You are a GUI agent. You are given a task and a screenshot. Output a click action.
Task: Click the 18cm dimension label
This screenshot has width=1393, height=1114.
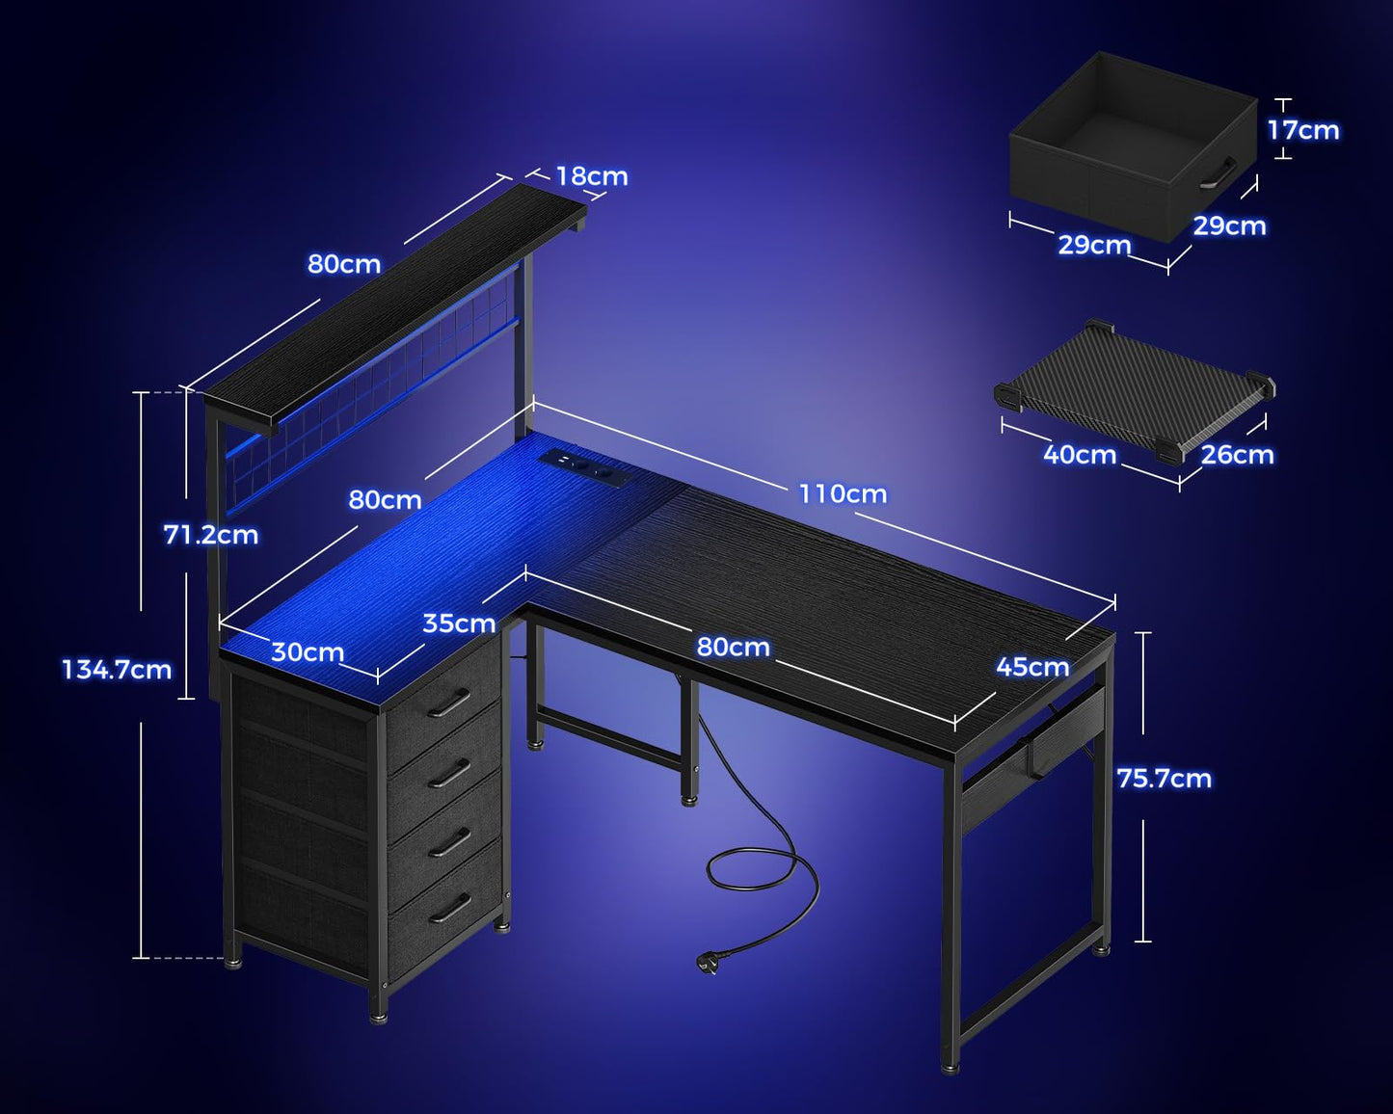tap(591, 176)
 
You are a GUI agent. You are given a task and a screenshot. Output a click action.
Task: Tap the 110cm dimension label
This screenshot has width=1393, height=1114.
tap(842, 494)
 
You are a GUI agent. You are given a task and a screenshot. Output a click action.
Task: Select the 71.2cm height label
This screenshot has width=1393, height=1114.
tap(211, 535)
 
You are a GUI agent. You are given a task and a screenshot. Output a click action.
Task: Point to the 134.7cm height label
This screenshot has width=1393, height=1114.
tap(117, 670)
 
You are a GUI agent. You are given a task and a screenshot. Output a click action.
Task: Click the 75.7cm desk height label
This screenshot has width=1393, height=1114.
tap(1164, 779)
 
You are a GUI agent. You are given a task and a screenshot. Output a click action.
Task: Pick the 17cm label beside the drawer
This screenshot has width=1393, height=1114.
tap(1302, 130)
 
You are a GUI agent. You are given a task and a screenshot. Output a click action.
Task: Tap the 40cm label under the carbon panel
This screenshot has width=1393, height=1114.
tap(1080, 455)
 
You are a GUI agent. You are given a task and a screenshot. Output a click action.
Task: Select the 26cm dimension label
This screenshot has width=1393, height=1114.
tap(1237, 455)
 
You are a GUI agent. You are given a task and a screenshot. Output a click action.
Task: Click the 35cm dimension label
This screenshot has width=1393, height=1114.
tap(459, 623)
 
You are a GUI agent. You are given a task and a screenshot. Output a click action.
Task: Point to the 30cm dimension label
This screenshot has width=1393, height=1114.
tap(308, 652)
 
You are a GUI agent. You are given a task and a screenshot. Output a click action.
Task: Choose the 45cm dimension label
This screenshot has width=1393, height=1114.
tap(1031, 667)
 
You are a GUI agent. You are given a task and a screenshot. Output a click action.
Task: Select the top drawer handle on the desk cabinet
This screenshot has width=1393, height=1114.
tap(449, 703)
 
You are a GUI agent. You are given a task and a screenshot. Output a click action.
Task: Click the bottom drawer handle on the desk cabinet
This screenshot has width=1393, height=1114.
tap(450, 907)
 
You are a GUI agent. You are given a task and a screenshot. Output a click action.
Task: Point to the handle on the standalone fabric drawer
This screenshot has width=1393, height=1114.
tap(1219, 174)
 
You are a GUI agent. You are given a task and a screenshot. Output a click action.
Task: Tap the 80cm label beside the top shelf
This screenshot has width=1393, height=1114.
tap(344, 264)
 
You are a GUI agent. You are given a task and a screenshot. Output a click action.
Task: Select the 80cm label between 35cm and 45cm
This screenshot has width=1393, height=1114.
tap(733, 647)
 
